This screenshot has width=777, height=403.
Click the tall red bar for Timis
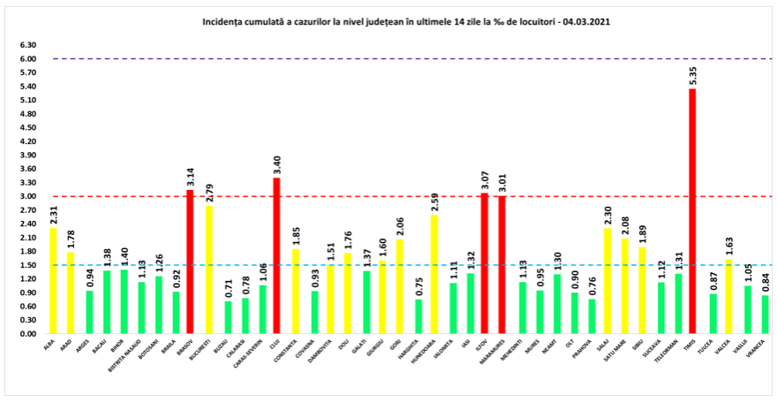pos(692,212)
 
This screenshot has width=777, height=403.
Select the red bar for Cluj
pos(276,256)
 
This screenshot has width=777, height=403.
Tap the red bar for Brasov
pos(190,262)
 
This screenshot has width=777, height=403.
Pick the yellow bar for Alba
pos(53,281)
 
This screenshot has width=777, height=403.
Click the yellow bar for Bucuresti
pos(208,270)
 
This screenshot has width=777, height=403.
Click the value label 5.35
pos(692,75)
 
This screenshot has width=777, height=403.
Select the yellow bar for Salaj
pos(606,281)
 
